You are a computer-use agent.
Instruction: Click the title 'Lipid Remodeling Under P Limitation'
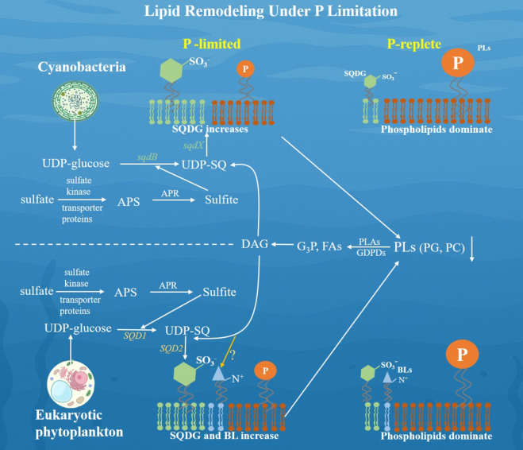click(x=260, y=11)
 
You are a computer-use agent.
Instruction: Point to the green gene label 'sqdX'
click(x=194, y=147)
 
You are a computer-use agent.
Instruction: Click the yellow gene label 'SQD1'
click(x=134, y=337)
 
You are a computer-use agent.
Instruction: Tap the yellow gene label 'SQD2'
click(x=173, y=348)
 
